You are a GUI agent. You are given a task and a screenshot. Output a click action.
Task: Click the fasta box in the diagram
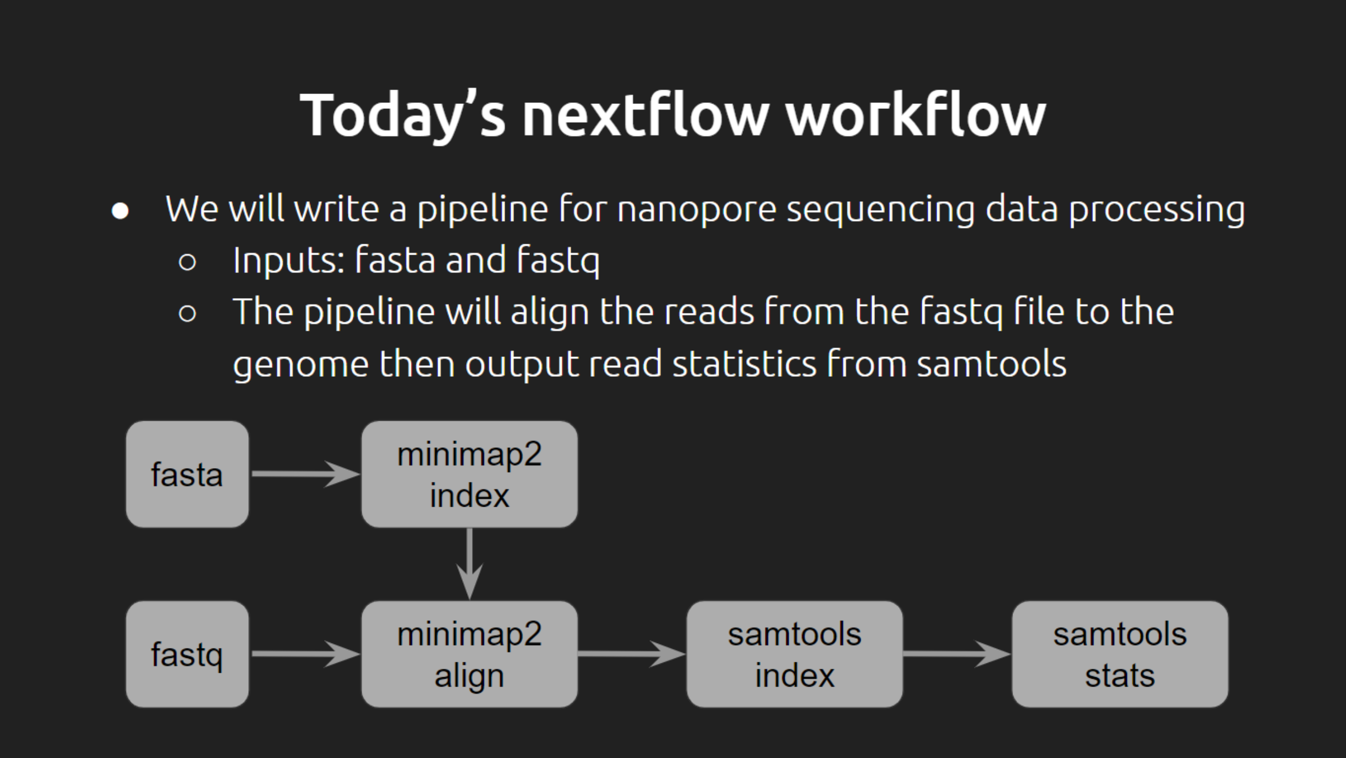point(187,474)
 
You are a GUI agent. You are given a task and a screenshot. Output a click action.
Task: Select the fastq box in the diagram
point(187,654)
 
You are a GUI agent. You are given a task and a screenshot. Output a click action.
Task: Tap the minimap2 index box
point(469,474)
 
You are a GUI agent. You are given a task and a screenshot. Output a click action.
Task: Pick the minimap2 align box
point(469,654)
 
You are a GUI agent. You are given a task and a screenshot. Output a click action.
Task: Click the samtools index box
point(795,654)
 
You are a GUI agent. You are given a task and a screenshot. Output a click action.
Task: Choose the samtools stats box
point(1120,654)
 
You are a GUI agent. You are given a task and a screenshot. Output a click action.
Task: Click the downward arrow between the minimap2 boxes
point(469,564)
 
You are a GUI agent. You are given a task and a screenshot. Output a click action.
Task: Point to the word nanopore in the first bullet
point(696,210)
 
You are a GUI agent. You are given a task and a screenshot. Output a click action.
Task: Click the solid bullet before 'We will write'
point(120,211)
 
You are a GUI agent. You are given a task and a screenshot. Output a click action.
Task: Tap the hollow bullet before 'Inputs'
point(188,262)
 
